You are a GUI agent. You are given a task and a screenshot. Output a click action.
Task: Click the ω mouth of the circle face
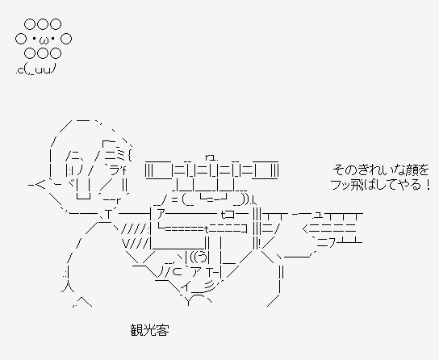[44, 41]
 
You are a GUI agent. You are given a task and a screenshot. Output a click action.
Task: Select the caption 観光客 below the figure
[150, 330]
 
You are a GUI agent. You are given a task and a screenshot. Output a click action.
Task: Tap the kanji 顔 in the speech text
[411, 170]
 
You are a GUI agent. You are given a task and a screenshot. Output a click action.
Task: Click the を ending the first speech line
[424, 170]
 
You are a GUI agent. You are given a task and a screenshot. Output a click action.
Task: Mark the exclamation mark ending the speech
[428, 185]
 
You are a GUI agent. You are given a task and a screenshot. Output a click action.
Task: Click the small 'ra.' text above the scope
[211, 157]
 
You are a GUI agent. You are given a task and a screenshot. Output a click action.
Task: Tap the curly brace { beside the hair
[130, 155]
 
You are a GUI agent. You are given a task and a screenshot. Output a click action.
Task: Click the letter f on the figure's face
[123, 169]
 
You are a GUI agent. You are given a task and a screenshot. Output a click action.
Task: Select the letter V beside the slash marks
[125, 244]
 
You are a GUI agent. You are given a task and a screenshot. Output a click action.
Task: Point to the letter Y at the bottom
[188, 302]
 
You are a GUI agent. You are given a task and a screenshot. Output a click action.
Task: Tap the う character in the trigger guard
[201, 257]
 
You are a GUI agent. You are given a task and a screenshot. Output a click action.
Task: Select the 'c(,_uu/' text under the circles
[36, 69]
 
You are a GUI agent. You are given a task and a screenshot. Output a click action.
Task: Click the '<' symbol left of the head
[40, 185]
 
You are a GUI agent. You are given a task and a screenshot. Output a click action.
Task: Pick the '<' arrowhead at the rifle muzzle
[306, 228]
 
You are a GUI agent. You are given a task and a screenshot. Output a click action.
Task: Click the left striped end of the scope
[149, 170]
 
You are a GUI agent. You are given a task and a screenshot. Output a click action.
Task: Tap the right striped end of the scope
[274, 170]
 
